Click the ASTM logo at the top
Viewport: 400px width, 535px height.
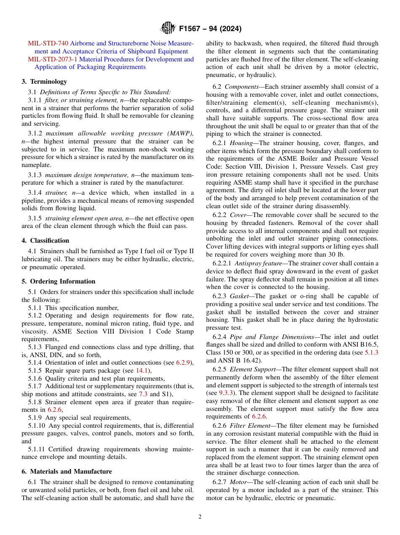pos(168,29)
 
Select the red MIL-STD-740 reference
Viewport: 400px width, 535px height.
pos(48,44)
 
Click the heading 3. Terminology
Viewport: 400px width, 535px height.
pos(44,82)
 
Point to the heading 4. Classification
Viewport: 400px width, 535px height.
pos(45,241)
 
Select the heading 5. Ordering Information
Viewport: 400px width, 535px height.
pos(59,281)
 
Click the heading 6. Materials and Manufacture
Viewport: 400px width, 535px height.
pos(67,471)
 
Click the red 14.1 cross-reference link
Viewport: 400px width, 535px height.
pos(141,370)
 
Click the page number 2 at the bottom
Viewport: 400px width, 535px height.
pos(200,517)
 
